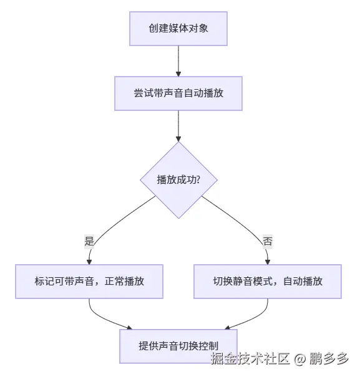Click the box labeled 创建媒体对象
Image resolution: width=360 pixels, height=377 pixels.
pos(178,28)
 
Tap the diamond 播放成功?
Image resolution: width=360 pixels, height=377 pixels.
pos(178,179)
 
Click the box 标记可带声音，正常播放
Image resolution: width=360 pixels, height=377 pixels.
pos(89,281)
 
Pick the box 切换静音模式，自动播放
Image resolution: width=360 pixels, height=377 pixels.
pos(268,281)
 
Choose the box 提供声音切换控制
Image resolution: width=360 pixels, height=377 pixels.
pos(178,346)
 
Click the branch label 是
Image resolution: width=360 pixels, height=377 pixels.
pos(89,240)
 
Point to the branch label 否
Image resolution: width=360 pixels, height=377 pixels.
pos(268,240)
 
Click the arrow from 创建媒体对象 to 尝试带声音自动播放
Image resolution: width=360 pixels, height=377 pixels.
pos(178,60)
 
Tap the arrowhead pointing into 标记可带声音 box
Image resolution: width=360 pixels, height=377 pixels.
pos(89,261)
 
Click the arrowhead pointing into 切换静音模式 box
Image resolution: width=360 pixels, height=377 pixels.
pos(268,261)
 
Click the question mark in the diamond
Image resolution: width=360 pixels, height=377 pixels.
pos(197,179)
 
